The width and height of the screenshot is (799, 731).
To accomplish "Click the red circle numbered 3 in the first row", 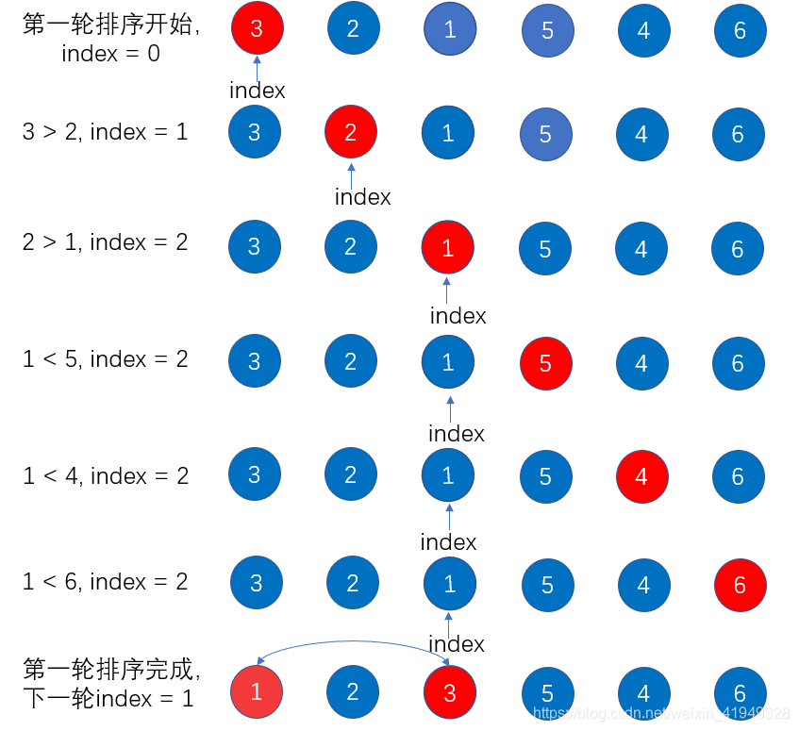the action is [x=258, y=28].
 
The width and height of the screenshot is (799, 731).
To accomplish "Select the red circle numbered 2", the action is [x=351, y=132].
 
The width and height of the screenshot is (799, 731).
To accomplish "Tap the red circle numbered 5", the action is [x=545, y=363].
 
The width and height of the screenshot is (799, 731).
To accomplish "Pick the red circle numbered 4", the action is [x=641, y=476].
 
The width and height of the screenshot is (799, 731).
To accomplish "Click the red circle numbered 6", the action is [x=740, y=585].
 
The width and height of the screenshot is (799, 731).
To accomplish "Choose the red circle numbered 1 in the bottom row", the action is [x=257, y=692].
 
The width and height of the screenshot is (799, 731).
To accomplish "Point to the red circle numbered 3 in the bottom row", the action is [x=449, y=693].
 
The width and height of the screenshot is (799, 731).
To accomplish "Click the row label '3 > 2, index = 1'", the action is [x=106, y=132].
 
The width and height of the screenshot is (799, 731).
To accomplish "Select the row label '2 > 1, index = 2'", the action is [x=106, y=242].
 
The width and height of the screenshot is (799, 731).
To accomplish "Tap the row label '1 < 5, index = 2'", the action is [x=106, y=359].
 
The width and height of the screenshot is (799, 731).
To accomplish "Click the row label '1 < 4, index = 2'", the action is [x=106, y=476].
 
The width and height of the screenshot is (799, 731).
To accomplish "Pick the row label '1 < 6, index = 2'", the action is [x=106, y=582].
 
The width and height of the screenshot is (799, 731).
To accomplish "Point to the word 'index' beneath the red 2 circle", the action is [x=362, y=197].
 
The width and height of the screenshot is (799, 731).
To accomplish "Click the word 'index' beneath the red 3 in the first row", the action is [x=258, y=91].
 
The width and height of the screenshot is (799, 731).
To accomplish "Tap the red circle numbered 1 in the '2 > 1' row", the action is [x=447, y=248].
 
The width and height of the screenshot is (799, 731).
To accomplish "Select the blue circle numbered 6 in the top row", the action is [x=740, y=30].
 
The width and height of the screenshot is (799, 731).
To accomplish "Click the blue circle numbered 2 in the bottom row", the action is [x=353, y=692].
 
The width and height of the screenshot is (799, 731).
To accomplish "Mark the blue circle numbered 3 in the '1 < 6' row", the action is [x=256, y=584].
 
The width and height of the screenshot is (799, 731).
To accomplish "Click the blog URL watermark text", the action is [x=660, y=713].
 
